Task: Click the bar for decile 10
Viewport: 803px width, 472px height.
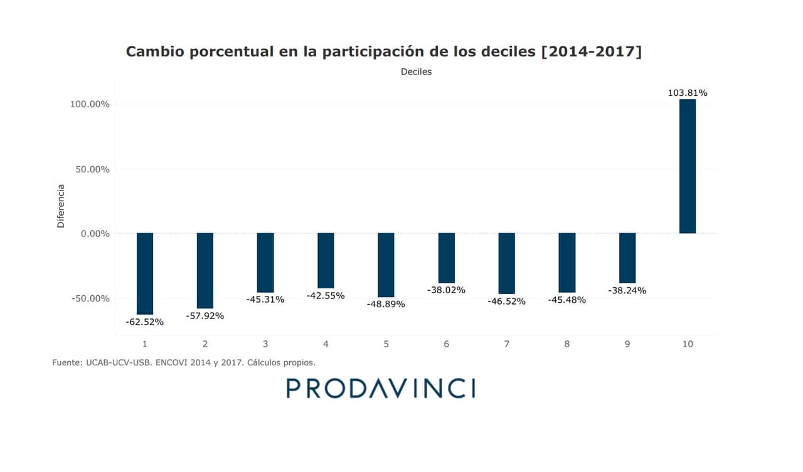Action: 688,166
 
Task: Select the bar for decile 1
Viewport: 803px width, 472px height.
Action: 145,273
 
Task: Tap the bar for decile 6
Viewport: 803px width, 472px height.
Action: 447,258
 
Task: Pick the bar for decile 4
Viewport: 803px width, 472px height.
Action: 326,260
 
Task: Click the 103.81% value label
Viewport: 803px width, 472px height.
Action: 688,93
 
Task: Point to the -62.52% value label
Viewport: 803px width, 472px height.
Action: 145,322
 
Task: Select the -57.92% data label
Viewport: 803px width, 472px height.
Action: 205,316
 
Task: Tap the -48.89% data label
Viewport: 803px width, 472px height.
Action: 386,304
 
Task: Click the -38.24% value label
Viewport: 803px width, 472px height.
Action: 627,291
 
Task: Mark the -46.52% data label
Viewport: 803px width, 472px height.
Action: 506,302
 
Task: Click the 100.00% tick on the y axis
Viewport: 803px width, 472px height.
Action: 90,104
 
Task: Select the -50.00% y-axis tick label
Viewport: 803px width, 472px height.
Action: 90,298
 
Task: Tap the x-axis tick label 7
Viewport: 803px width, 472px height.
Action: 506,344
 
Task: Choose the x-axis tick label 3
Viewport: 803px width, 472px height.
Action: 265,344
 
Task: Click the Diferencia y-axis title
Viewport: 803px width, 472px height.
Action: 61,206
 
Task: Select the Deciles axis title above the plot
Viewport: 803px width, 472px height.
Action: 416,71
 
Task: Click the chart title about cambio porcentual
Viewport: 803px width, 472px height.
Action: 384,51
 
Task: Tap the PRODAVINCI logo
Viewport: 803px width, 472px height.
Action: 381,388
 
